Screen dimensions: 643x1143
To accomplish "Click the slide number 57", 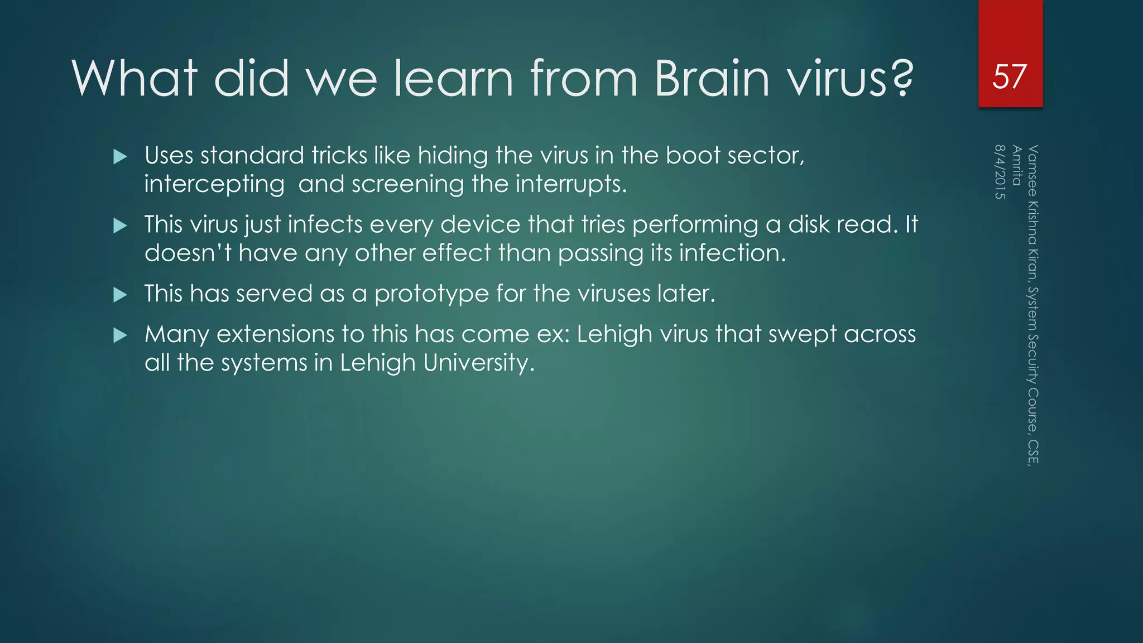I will [1009, 76].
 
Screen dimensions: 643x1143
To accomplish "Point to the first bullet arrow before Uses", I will [120, 157].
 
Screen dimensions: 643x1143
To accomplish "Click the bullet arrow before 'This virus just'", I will [120, 226].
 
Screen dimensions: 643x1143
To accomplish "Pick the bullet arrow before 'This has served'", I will [120, 295].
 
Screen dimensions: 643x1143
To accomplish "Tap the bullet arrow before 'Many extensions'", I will [120, 335].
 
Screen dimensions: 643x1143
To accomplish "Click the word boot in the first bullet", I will [693, 155].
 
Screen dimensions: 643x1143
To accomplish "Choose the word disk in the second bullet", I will [808, 224].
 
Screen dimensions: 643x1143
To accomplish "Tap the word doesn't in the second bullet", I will [188, 253].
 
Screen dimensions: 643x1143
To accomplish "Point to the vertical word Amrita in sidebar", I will [1017, 165].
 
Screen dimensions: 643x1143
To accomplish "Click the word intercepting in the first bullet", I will [214, 184].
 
